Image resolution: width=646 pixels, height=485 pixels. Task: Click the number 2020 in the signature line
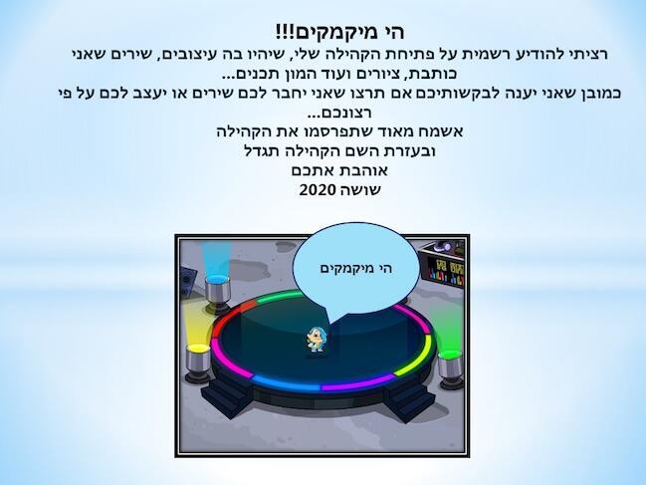pyautogui.click(x=318, y=190)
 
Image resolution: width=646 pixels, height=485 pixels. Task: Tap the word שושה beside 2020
pyautogui.click(x=359, y=190)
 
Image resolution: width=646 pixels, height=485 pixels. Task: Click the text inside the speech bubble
pyautogui.click(x=356, y=269)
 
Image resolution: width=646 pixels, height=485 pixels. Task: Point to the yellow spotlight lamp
pyautogui.click(x=198, y=364)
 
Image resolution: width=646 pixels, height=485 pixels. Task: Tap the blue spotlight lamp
pyautogui.click(x=217, y=294)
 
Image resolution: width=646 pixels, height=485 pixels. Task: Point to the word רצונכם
pyautogui.click(x=340, y=113)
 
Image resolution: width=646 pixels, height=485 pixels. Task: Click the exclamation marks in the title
pyautogui.click(x=283, y=31)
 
